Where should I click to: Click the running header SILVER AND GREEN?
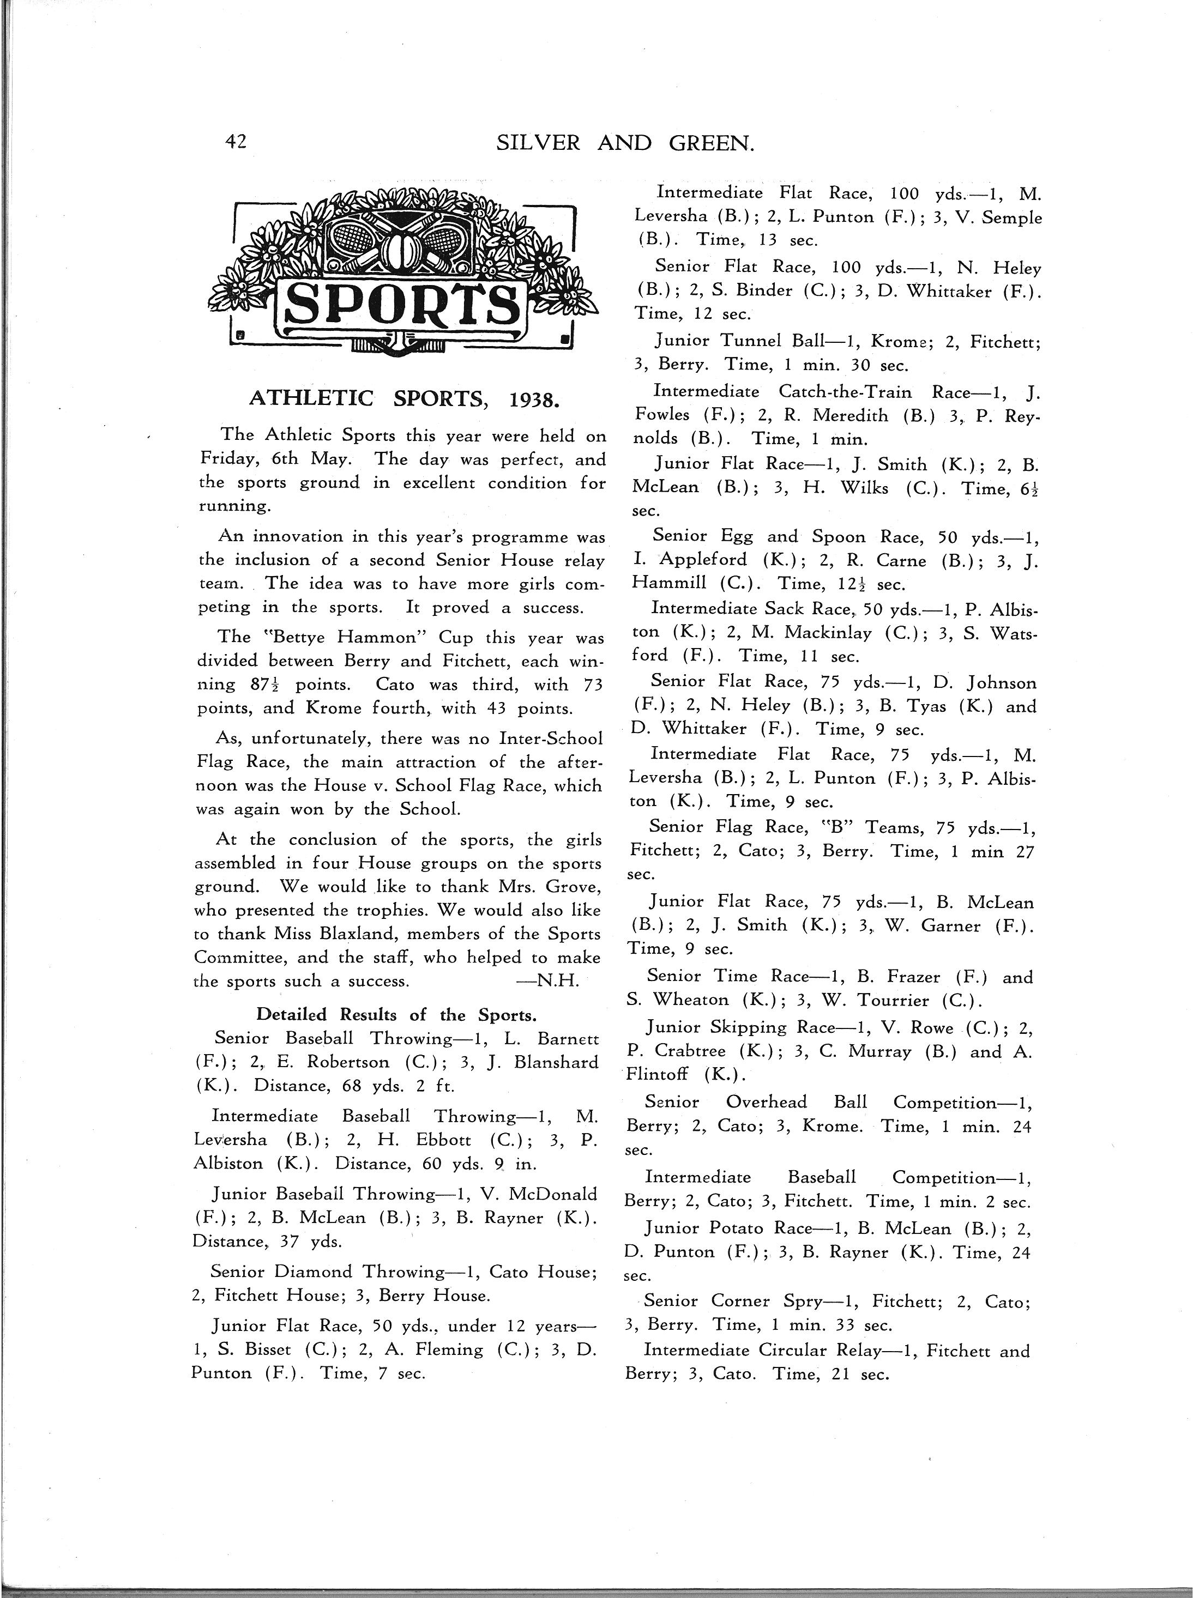coord(625,144)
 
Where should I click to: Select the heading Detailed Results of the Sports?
coord(396,1014)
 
